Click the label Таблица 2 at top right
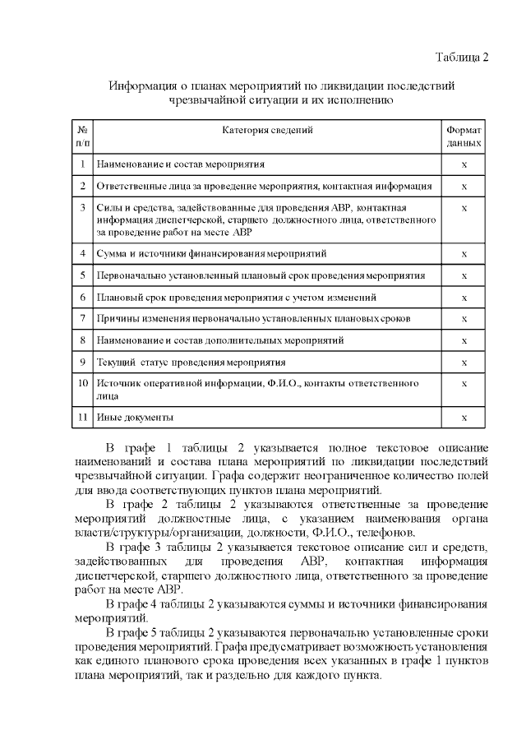tap(461, 57)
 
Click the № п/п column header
tap(83, 136)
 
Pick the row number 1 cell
tap(83, 164)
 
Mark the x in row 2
tap(464, 186)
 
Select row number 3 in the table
tap(83, 208)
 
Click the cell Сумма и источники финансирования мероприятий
tap(211, 253)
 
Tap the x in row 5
tap(464, 275)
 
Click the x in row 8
tap(464, 340)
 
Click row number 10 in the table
tap(83, 383)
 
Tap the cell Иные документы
tap(135, 418)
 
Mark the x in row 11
tap(464, 418)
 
